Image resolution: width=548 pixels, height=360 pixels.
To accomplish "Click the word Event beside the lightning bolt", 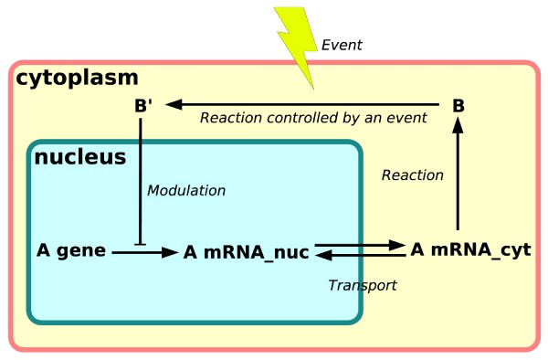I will pos(342,45).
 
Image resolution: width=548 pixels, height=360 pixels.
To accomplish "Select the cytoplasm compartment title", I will pos(77,79).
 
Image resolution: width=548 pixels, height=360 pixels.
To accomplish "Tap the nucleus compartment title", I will pos(79,157).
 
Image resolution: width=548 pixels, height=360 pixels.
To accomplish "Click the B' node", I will pos(143,106).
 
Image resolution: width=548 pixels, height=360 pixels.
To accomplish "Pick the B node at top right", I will pos(458,106).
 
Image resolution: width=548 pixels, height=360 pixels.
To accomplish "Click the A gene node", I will pos(72,249).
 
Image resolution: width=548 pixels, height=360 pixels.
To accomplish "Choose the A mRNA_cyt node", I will pos(470,249).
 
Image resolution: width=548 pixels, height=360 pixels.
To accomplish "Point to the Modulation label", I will pos(185,190).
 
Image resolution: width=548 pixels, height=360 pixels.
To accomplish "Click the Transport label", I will pos(363,285).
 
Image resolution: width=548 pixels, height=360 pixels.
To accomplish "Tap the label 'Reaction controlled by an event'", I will pos(313,118).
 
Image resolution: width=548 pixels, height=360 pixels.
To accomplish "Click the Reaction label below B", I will pos(412,175).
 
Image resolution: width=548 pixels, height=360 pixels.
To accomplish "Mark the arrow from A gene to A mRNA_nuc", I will pos(143,251).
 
